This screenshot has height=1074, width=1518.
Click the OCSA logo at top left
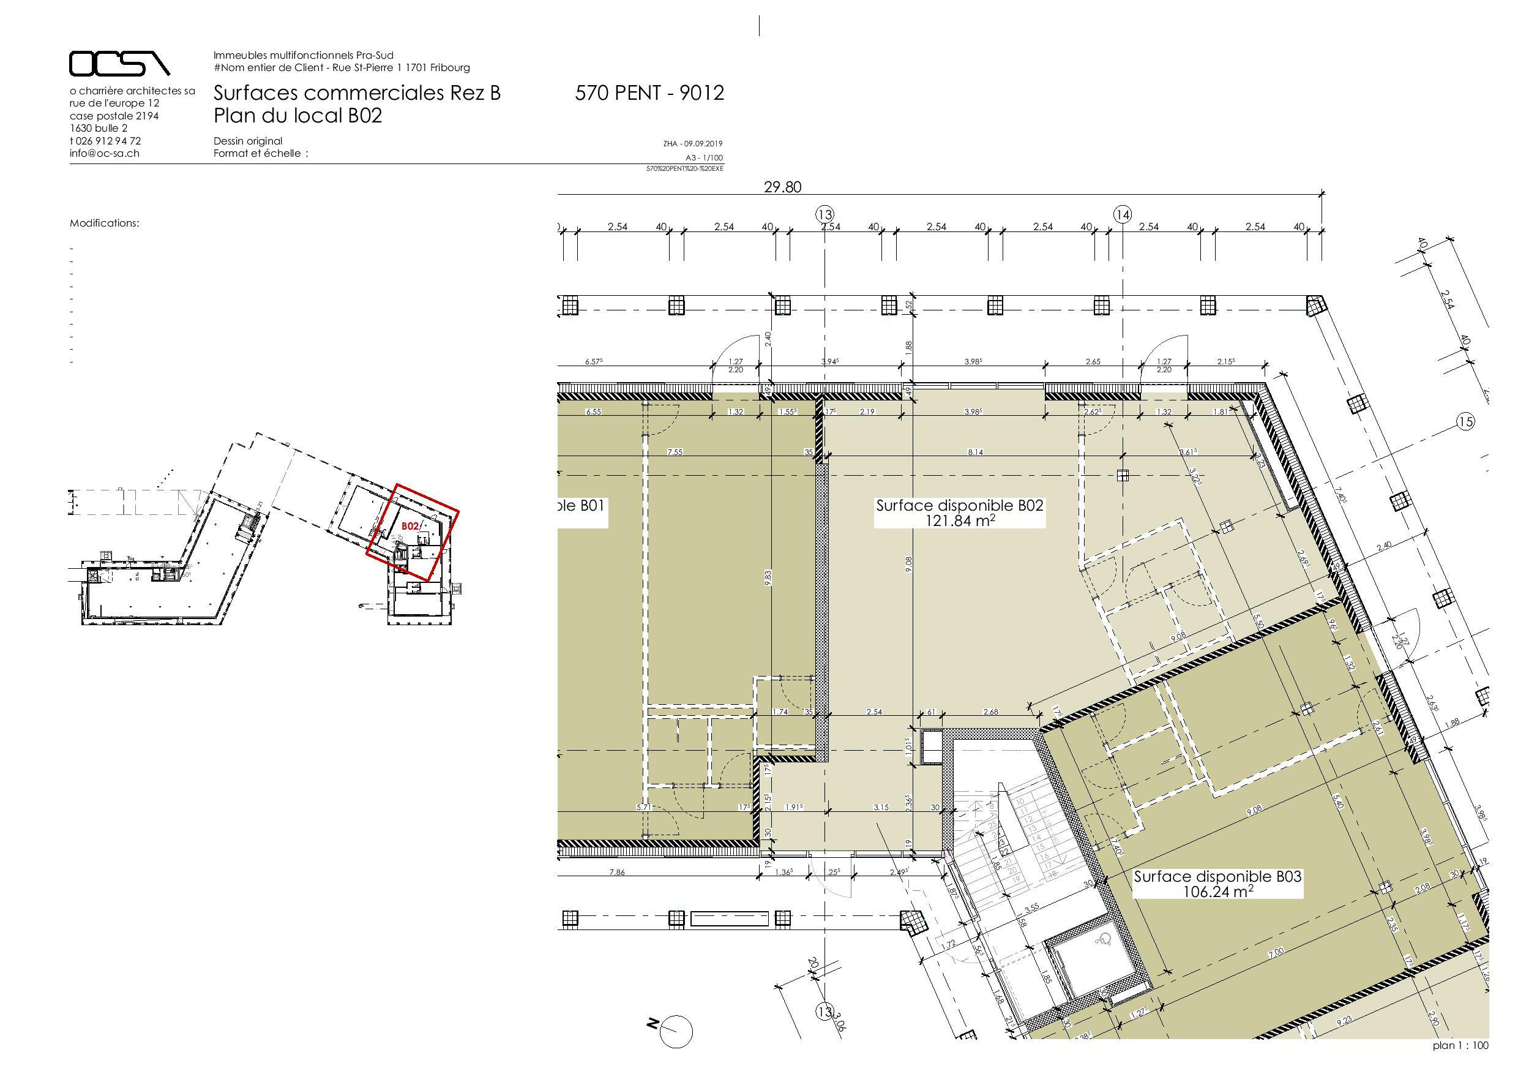(119, 64)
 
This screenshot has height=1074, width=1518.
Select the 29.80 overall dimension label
(782, 187)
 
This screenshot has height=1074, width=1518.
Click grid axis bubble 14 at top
(1122, 214)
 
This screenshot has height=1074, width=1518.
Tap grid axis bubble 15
(1466, 422)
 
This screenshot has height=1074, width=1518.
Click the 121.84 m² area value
(959, 520)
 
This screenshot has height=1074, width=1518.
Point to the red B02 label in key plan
(410, 526)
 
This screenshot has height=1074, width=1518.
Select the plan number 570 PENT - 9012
(649, 93)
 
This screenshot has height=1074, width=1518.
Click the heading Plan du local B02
(297, 116)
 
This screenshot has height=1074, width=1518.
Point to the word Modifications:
(105, 223)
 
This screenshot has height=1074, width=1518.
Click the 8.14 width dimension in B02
(974, 453)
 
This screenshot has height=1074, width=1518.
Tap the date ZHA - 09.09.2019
(693, 143)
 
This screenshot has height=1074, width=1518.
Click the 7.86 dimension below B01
(616, 873)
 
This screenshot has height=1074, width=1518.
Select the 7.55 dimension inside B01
(675, 453)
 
